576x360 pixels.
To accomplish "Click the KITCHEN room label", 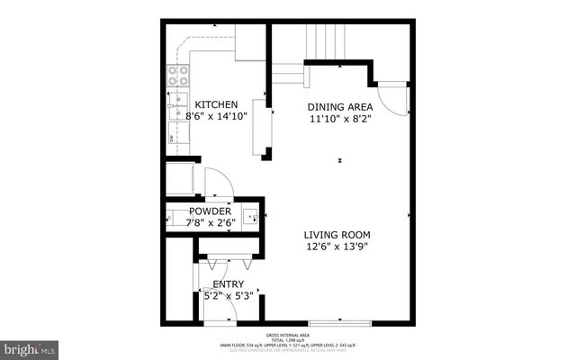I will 216,104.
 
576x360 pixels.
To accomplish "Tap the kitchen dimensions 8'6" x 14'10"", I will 216,116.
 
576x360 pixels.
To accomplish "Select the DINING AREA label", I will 339,106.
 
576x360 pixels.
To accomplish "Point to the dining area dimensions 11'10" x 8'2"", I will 339,118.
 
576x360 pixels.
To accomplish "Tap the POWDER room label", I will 209,211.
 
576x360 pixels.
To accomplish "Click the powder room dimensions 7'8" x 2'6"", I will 209,223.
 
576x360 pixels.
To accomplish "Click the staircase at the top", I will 326,41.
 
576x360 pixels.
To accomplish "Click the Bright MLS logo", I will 30,346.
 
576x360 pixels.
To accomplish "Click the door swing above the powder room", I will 218,183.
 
